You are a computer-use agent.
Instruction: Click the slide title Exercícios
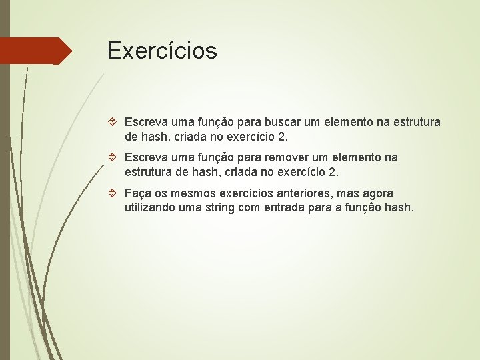pyautogui.click(x=162, y=51)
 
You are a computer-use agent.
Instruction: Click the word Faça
pyautogui.click(x=139, y=193)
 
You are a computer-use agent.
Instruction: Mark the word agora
pyautogui.click(x=377, y=193)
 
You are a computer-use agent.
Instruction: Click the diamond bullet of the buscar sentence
pyautogui.click(x=114, y=123)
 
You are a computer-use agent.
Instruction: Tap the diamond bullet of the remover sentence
pyautogui.click(x=114, y=158)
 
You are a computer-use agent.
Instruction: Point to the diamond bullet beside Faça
pyautogui.click(x=114, y=193)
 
